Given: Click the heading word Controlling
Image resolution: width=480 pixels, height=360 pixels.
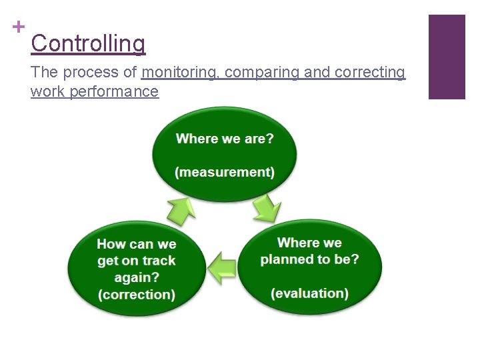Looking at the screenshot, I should (88, 44).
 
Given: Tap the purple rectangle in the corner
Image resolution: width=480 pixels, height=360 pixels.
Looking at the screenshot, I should (446, 57).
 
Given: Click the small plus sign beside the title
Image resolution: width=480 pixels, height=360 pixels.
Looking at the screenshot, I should (19, 27).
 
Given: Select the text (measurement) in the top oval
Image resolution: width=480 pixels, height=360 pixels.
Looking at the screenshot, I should (225, 172).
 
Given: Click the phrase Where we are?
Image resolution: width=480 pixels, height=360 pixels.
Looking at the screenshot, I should (225, 139).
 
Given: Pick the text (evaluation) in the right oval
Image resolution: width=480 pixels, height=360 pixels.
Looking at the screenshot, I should (309, 293).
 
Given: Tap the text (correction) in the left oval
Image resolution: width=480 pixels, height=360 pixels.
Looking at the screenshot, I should (137, 294).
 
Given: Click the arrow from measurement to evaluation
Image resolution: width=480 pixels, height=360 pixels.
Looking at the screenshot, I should (267, 209).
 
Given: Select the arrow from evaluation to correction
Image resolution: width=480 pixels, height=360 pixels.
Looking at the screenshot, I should (222, 268).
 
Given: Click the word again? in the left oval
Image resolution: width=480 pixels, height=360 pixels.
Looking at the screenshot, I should (137, 277).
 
